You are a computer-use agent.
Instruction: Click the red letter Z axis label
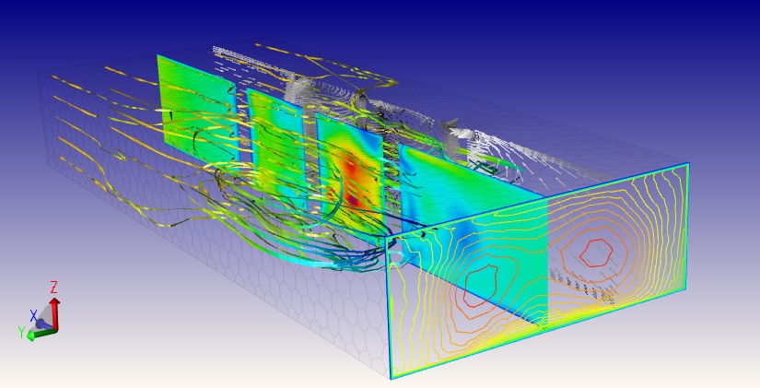[x=53, y=288]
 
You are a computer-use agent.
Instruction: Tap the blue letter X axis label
[x=33, y=316]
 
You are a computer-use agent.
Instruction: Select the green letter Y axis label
[x=22, y=332]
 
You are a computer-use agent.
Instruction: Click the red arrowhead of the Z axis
[x=54, y=301]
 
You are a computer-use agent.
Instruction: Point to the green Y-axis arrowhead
[x=31, y=335]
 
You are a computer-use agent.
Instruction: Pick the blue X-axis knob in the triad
[x=42, y=323]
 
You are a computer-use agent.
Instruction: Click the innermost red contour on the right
[x=597, y=252]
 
